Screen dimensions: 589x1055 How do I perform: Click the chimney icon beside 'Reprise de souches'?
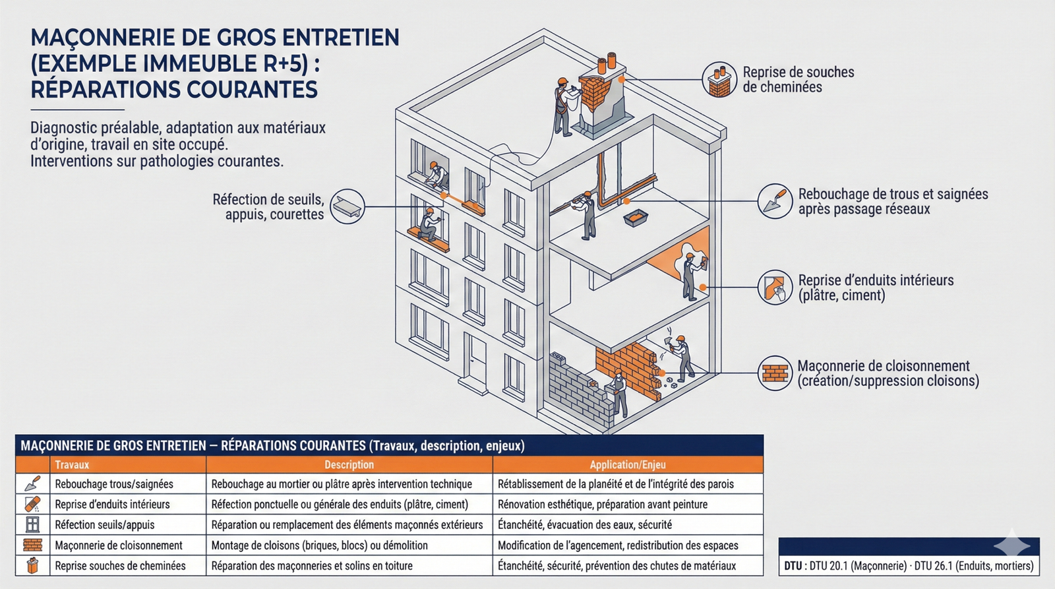[719, 80]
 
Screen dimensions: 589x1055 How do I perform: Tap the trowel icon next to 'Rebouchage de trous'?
[775, 201]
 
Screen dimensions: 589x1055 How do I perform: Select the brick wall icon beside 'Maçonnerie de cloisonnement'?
[775, 373]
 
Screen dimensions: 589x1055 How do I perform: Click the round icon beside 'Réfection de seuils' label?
[347, 206]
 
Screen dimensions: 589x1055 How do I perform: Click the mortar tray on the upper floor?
[636, 218]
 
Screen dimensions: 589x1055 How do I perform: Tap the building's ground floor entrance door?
[474, 359]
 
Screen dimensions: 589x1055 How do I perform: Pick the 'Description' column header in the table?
[349, 464]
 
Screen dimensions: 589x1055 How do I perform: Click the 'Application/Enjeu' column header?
[627, 464]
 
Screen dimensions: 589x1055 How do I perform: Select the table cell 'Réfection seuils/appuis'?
[105, 525]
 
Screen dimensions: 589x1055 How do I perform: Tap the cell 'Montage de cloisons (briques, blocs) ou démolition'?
[319, 545]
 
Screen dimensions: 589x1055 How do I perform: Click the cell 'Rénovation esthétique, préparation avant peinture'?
[602, 505]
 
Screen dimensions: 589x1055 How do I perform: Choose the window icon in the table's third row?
[32, 525]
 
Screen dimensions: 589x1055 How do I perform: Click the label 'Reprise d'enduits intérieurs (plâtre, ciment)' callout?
[875, 288]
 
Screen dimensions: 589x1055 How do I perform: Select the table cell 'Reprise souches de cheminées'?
[120, 566]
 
